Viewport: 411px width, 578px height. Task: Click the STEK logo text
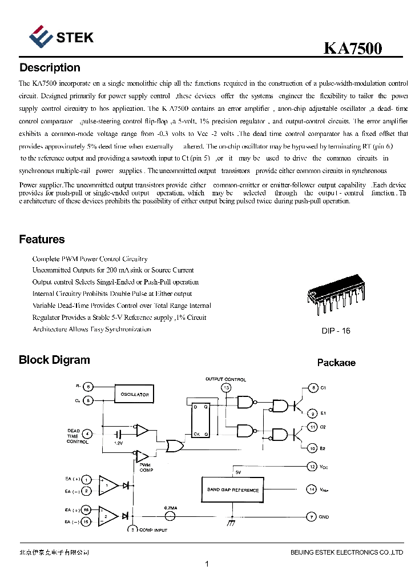74,38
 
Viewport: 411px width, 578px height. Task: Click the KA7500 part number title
353,49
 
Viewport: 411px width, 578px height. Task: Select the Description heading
50,68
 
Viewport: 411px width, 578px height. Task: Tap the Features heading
42,239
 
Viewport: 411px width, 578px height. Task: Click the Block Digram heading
54,360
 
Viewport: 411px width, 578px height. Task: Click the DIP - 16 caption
336,331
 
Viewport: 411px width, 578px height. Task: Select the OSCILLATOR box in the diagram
135,394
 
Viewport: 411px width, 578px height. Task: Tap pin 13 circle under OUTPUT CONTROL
226,388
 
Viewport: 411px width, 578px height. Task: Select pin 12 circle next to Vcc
312,467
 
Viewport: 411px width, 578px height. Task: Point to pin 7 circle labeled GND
312,517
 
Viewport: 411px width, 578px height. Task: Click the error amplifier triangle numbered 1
108,484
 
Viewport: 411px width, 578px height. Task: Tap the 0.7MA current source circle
170,516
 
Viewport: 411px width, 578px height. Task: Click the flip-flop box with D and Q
200,421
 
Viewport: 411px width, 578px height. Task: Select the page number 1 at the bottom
207,564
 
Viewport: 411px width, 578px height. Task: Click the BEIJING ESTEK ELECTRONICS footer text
346,552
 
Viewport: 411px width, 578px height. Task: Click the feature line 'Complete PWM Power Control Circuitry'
90,259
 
